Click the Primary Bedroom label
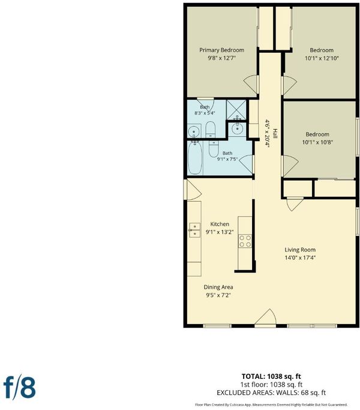tap(221, 50)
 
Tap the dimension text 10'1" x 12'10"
tap(322, 58)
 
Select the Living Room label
tap(300, 250)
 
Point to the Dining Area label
tap(218, 287)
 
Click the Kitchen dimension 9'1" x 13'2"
tap(220, 232)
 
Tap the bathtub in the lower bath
tap(195, 158)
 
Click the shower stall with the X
tap(236, 110)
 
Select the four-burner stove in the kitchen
tap(245, 241)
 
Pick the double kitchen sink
tap(194, 230)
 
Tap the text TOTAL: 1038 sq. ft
tap(271, 376)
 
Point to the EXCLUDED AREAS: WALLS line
tap(271, 393)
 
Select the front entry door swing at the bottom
tap(265, 317)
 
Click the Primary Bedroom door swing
tap(251, 85)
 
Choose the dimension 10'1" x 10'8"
tap(317, 142)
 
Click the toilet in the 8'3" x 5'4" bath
tap(210, 130)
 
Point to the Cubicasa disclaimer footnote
tap(271, 405)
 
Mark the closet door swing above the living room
tap(295, 205)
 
